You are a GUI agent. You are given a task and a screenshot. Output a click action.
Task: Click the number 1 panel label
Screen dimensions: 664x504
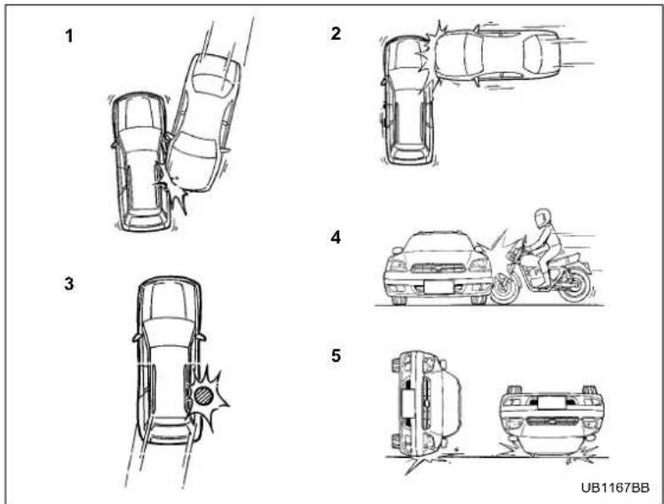click(69, 36)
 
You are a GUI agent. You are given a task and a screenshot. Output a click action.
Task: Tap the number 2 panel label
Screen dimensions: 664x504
click(336, 34)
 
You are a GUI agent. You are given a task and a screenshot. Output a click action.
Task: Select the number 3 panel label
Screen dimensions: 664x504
click(69, 284)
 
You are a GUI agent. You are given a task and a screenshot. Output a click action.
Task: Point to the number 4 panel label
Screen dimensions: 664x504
click(336, 238)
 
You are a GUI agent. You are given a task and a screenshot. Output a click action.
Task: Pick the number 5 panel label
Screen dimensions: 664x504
click(336, 356)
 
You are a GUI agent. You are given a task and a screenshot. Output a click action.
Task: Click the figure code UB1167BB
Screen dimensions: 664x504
click(615, 488)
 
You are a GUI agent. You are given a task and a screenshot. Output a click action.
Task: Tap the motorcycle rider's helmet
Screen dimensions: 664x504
click(542, 217)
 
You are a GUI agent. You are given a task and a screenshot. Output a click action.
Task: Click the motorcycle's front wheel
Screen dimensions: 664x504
click(504, 288)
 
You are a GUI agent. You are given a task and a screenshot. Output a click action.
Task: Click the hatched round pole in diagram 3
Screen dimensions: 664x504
click(203, 395)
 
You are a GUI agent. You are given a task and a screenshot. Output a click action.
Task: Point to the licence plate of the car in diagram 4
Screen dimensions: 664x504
click(438, 287)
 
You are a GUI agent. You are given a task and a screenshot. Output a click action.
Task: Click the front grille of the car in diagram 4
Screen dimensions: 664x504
click(439, 267)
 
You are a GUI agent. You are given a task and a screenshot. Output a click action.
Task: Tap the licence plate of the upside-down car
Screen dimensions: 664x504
click(551, 403)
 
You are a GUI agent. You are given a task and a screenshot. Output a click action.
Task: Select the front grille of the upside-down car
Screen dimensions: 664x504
click(552, 421)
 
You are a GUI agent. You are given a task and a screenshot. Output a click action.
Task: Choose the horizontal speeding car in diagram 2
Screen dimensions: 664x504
click(495, 54)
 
